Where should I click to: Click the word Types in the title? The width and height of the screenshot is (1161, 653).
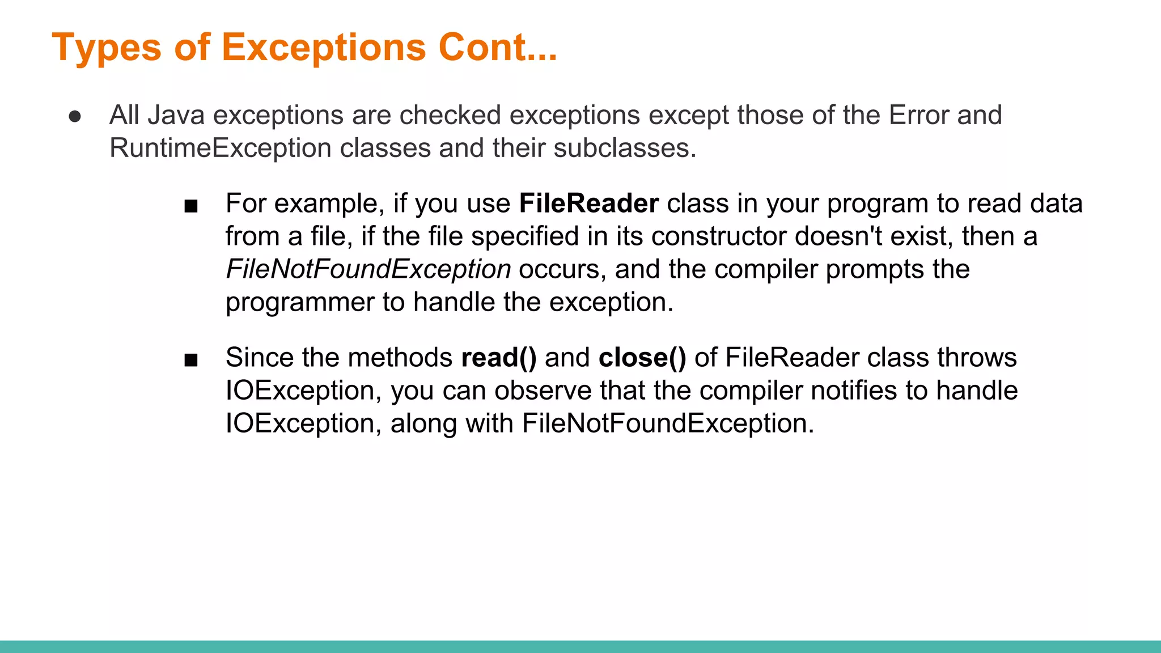[x=107, y=48]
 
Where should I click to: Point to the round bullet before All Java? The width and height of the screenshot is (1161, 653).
[x=75, y=116]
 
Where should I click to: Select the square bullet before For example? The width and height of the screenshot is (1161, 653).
[x=191, y=206]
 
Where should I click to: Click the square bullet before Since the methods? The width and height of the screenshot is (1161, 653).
[x=191, y=360]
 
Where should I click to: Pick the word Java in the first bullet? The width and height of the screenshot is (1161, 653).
[x=176, y=115]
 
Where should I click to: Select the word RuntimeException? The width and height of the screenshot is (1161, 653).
[x=220, y=148]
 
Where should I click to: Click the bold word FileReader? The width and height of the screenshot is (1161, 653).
[x=588, y=203]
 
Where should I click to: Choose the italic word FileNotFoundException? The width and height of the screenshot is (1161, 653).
[x=368, y=269]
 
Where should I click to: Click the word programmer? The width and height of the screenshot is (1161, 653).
[x=300, y=302]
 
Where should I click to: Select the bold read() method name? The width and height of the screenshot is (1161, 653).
[x=498, y=358]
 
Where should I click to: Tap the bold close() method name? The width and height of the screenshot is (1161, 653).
[x=642, y=358]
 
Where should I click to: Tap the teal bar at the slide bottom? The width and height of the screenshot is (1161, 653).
[x=580, y=646]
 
